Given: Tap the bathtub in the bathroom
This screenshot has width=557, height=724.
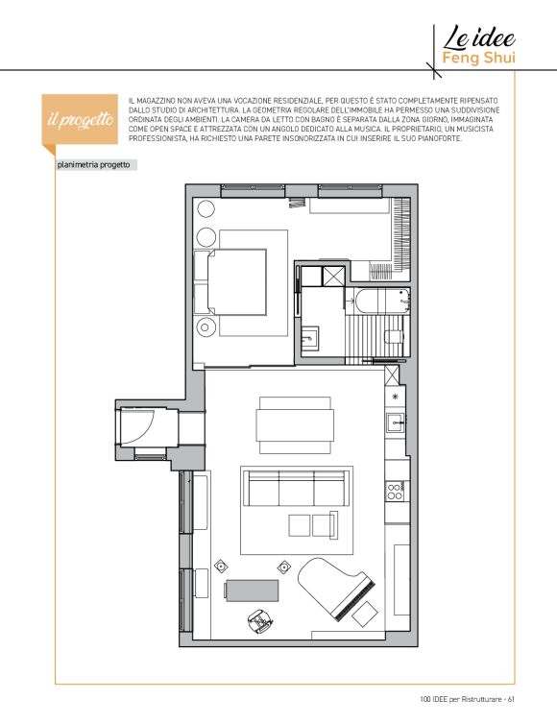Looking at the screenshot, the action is [377, 302].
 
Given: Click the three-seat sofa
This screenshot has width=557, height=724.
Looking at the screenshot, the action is [297, 488].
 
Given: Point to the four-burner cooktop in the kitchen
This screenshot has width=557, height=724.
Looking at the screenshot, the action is [395, 491].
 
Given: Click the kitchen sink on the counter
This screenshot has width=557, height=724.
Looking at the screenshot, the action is [395, 422].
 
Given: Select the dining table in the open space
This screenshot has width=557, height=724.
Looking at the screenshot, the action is [295, 425].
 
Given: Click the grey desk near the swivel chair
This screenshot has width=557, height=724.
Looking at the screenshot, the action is [252, 591].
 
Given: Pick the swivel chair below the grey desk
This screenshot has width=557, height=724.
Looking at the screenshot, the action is [259, 620].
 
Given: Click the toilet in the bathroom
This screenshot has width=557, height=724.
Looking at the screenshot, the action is [394, 336].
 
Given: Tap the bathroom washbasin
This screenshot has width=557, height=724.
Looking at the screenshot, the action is [310, 338].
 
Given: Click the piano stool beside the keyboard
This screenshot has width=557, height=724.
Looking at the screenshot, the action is [365, 614].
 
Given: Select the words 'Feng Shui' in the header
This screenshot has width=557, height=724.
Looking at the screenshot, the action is [478, 59].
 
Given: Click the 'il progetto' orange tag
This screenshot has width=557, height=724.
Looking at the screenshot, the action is [81, 120].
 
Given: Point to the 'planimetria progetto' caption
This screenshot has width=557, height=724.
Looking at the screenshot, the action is [94, 165].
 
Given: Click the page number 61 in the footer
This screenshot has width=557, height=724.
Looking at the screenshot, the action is [511, 699].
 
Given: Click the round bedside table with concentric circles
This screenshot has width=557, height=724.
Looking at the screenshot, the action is [206, 326].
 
